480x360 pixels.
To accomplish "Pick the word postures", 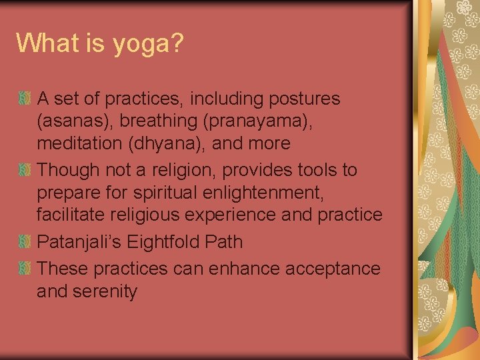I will pos(304,99).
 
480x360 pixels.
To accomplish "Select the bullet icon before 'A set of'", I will pos(25,99).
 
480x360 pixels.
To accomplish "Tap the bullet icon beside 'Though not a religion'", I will pos(25,171).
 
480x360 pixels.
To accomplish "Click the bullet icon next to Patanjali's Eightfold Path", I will pos(25,242).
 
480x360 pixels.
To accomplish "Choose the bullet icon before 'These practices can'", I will pos(25,269).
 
